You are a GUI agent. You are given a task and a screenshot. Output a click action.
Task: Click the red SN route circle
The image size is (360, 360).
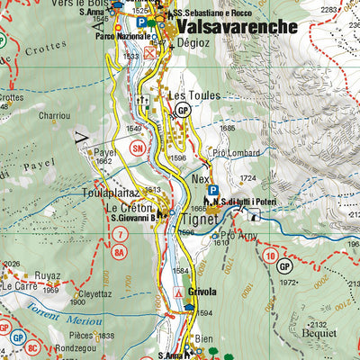coord(138,148)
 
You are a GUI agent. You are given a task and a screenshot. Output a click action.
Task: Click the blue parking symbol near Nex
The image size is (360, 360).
coord(213,190)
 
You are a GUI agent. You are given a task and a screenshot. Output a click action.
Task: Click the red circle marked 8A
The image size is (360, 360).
coord(119,253)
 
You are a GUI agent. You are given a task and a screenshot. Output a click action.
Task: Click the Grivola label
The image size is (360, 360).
coord(204,292)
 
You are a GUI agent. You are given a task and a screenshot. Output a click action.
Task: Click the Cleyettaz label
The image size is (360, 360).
coord(94,293)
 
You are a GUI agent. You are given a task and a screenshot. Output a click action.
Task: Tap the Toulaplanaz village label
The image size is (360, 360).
coord(110,193)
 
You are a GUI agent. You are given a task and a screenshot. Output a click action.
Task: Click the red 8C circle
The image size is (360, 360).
coord(32,345)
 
